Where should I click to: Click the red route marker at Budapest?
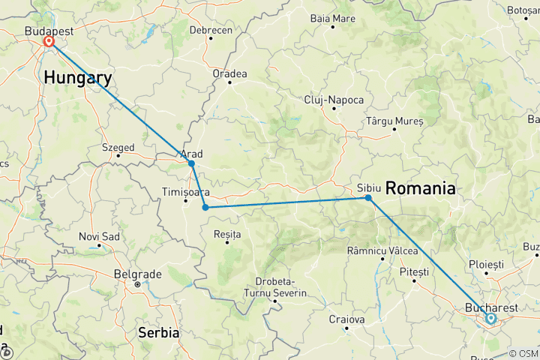(x=49, y=41)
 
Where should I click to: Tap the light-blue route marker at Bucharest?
(x=490, y=319)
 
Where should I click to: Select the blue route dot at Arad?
(x=191, y=163)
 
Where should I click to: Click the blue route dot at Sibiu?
(x=368, y=198)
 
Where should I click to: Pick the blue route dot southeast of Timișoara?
(x=205, y=208)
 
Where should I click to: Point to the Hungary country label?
(x=78, y=77)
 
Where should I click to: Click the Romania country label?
(x=420, y=189)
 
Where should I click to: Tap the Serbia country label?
(x=158, y=331)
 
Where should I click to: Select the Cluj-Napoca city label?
(x=334, y=100)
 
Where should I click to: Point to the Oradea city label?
(x=229, y=73)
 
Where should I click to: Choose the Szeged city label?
(x=118, y=148)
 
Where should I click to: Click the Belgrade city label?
(x=136, y=274)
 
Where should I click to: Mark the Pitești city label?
(x=414, y=271)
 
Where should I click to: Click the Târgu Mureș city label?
(x=395, y=120)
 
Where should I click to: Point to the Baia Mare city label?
(x=332, y=17)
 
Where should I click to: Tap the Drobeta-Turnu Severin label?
(x=275, y=286)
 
